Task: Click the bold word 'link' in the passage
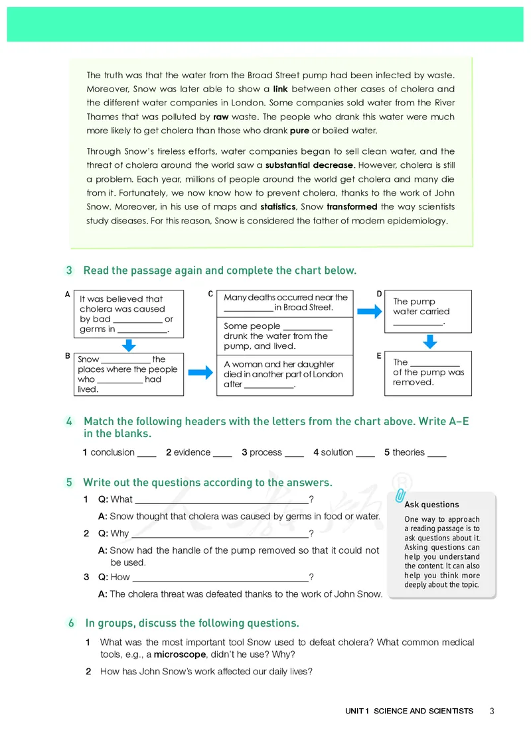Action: [x=280, y=89]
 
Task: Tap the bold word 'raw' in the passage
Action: [x=221, y=117]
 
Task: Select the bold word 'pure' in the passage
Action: [x=299, y=131]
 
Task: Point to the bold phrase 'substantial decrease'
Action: [x=310, y=165]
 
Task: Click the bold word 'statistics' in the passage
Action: [x=277, y=207]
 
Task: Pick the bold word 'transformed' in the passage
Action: [x=352, y=207]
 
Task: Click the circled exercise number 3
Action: [x=70, y=271]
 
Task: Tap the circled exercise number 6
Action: [x=71, y=623]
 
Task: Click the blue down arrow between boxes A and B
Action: [x=129, y=345]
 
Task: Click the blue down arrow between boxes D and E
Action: [x=430, y=341]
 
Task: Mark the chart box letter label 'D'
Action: [x=380, y=294]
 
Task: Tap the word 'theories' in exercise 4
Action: [x=408, y=452]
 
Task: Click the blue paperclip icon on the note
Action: [x=400, y=496]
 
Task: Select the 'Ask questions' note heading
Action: [x=431, y=505]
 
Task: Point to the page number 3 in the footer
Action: [x=492, y=711]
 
